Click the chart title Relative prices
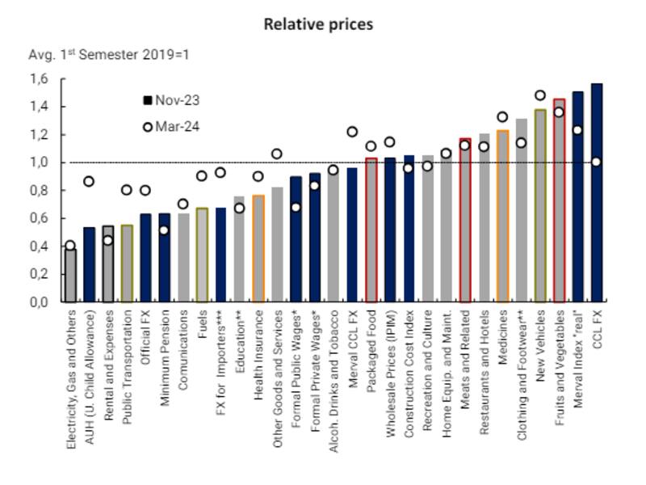point(318,24)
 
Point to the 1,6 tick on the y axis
point(39,79)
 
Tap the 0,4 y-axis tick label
point(39,246)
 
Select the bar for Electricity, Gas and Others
point(71,275)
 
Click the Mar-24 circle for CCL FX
point(596,162)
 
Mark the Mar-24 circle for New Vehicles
point(539,95)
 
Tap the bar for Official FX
point(146,258)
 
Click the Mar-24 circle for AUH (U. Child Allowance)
point(90,182)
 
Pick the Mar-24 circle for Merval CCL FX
point(352,132)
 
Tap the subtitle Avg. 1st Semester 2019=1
point(108,55)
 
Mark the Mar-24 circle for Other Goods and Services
point(277,154)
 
